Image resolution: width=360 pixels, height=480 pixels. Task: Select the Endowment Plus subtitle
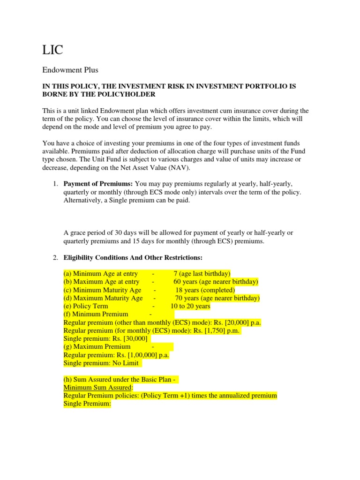coord(70,70)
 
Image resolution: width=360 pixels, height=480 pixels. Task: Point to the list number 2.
coord(55,258)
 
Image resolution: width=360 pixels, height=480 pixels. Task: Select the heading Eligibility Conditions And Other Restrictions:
coord(133,258)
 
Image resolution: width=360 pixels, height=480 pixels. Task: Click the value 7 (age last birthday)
coord(202,274)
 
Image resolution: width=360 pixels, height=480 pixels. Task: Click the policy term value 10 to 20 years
coord(190,306)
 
